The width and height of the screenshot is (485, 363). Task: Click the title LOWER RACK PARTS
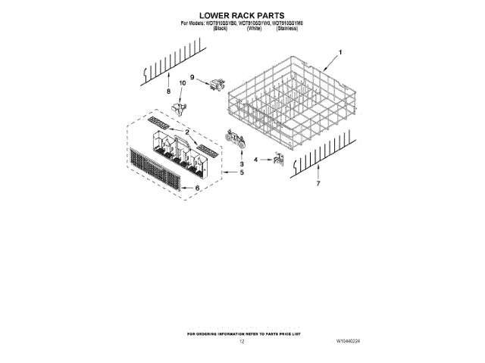pos(242,14)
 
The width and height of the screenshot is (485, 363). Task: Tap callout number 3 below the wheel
pos(240,164)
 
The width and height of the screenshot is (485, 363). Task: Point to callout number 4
pos(256,160)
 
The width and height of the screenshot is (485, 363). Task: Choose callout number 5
pos(242,172)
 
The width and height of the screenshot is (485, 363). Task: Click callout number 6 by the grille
pos(197,188)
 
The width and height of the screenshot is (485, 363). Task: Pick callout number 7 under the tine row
pos(318,184)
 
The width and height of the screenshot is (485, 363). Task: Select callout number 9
pos(192,77)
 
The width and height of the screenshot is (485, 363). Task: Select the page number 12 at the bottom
pos(242,342)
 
